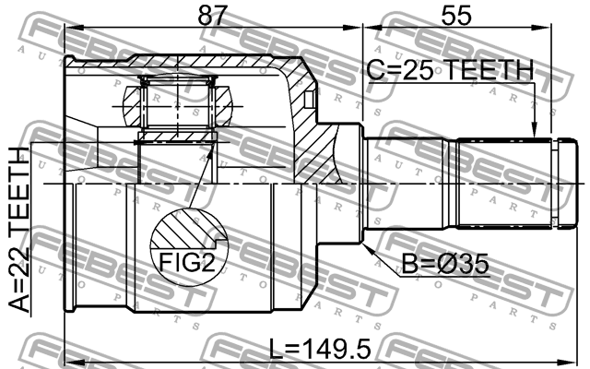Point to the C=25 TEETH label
click(x=449, y=69)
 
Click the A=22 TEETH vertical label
click(x=20, y=235)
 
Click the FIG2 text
click(x=188, y=263)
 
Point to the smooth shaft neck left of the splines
click(x=410, y=183)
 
